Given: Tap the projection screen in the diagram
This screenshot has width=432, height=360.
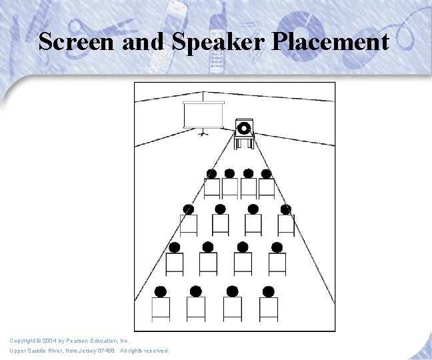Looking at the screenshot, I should tap(203, 116).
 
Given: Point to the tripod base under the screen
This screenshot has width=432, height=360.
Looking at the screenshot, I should tap(203, 133).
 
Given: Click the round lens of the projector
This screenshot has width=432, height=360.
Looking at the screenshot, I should tap(244, 127).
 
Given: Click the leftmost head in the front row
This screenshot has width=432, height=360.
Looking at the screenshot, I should tap(211, 174).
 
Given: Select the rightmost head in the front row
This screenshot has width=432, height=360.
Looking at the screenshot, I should tap(267, 174).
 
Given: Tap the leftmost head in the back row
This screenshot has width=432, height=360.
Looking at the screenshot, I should tap(161, 291).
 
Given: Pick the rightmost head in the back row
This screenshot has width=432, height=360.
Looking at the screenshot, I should tap(269, 291).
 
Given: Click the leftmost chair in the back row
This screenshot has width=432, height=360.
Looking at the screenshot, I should tap(161, 309).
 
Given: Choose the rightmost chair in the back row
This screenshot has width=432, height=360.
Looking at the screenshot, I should tap(269, 309).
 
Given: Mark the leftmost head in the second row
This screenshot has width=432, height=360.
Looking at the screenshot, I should tap(189, 209).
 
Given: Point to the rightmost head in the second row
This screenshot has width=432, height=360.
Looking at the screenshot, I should tap(286, 209).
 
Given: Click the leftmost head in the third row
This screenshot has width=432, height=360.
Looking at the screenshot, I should tap(175, 247).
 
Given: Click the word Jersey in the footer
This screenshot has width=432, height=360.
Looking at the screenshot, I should tap(84, 351).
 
